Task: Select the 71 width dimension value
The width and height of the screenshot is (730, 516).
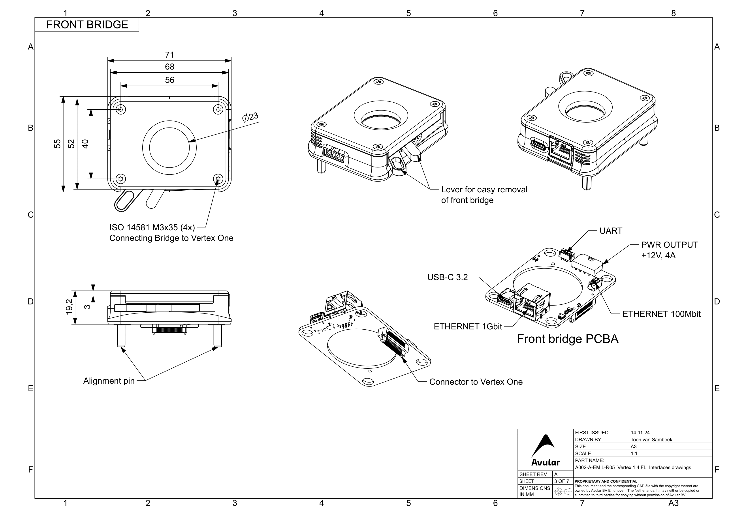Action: pos(169,55)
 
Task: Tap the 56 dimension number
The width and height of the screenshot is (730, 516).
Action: pos(169,80)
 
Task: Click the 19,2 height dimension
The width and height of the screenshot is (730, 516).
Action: pos(69,307)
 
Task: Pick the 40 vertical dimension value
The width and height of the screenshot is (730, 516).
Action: pos(85,144)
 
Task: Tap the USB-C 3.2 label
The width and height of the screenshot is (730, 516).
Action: pos(447,278)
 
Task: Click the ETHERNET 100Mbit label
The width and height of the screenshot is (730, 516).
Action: pos(661,314)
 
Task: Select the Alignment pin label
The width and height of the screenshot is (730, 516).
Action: pos(109,381)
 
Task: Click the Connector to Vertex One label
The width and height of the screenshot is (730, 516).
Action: pos(476,382)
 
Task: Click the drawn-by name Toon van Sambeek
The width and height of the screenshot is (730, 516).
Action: pos(651,440)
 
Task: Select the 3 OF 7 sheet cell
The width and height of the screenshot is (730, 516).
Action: pos(561,481)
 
